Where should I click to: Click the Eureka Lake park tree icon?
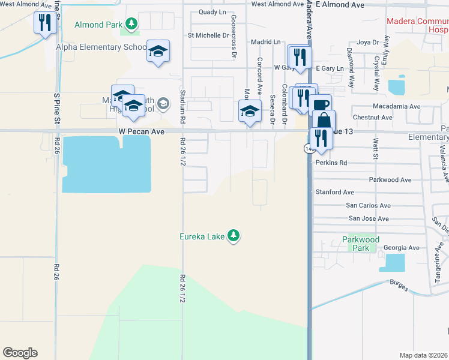click(234, 236)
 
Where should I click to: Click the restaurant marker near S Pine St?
click(44, 23)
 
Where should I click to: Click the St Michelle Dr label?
click(208, 35)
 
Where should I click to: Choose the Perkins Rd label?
click(331, 163)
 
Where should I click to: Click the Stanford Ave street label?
click(335, 192)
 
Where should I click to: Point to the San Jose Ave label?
click(368, 218)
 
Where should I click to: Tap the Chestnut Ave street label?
click(372, 118)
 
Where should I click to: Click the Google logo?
click(20, 353)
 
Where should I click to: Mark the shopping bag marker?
click(324, 120)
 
